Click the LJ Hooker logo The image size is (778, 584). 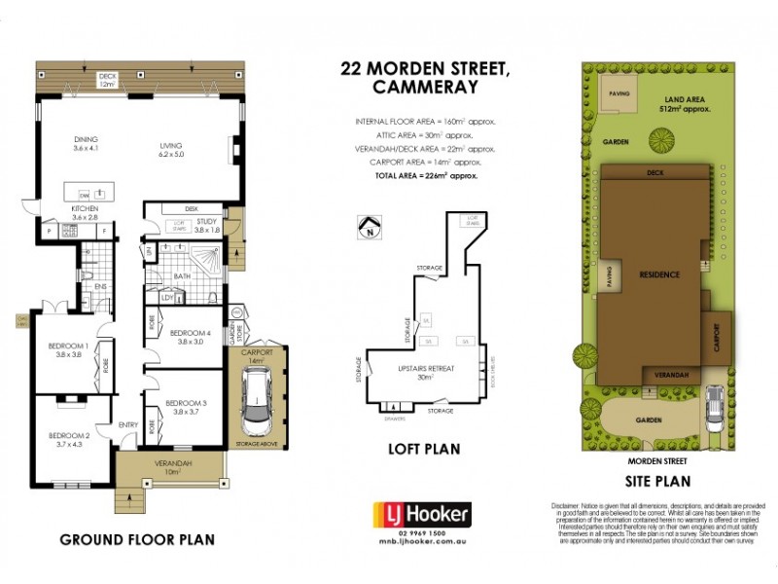point(423,514)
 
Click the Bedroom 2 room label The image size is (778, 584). point(68,439)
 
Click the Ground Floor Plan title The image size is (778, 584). point(137,538)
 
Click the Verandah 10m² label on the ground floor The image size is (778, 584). point(174,467)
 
